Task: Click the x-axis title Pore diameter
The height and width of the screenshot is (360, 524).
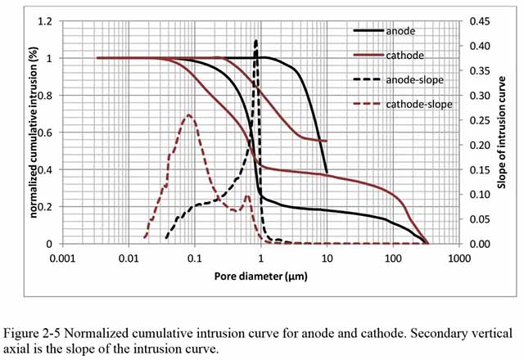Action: click(261, 276)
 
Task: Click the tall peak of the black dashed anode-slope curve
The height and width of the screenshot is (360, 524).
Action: click(256, 41)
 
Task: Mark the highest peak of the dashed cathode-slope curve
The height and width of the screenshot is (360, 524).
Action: click(189, 115)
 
